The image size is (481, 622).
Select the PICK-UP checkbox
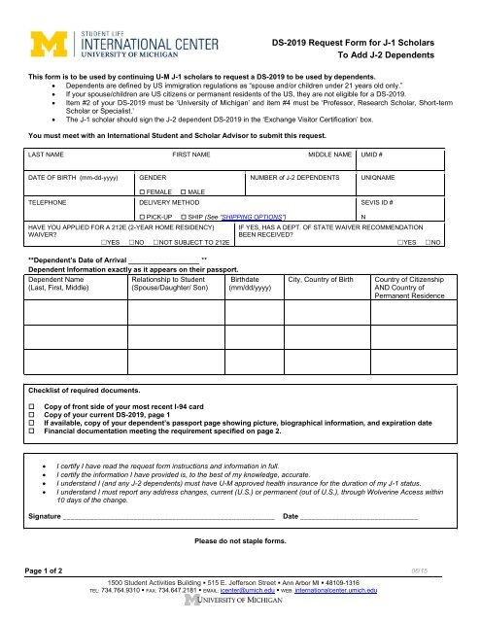143,215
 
